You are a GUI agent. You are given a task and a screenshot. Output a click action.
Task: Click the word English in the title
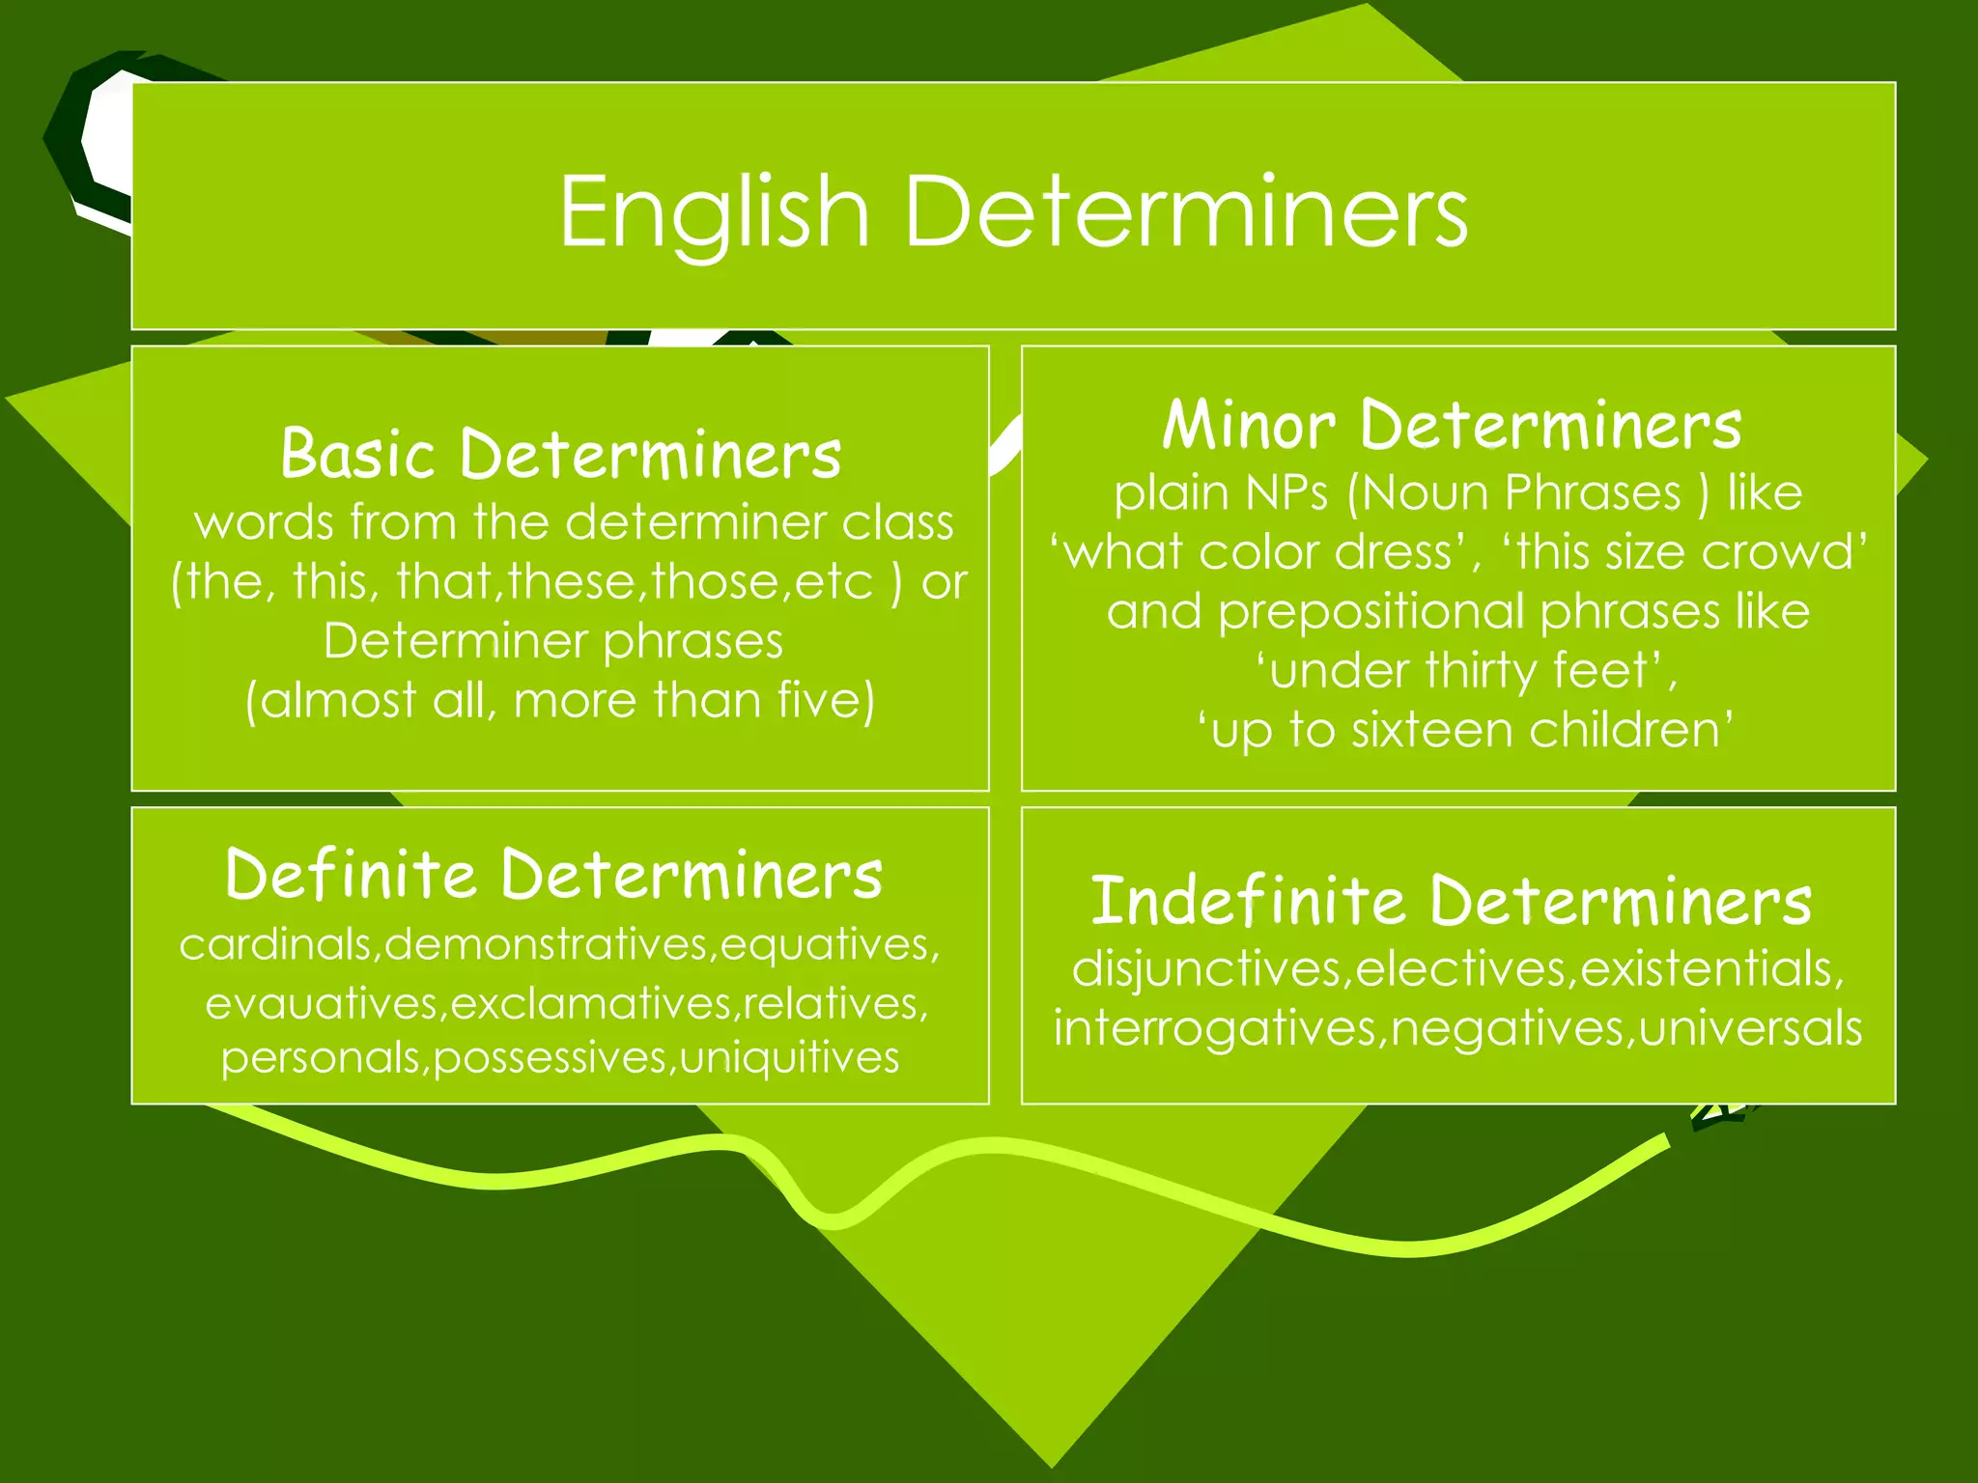(715, 212)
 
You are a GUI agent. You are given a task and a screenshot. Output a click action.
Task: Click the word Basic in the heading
(357, 453)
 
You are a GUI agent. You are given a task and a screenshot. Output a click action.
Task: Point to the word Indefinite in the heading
(1247, 900)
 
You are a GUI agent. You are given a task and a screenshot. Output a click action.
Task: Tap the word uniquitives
(789, 1058)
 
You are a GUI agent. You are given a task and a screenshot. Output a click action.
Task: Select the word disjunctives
(1207, 968)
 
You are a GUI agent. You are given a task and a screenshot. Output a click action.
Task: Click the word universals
(1750, 1027)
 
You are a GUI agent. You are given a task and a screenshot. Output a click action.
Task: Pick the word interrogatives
(1216, 1029)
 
